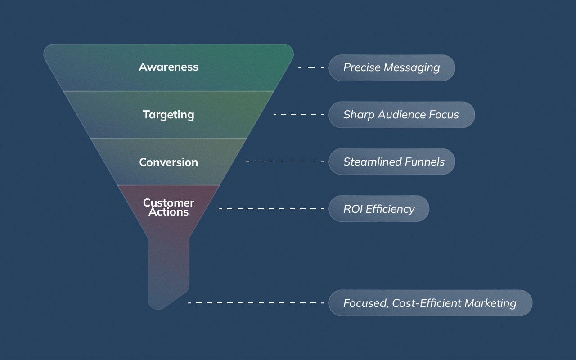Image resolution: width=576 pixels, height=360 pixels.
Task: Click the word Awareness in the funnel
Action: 168,67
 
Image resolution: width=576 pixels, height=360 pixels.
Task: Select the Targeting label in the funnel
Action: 168,115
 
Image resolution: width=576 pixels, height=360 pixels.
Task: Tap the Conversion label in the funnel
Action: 168,162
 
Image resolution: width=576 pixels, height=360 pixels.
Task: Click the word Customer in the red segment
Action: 168,202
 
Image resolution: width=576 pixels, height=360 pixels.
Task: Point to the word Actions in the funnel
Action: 168,212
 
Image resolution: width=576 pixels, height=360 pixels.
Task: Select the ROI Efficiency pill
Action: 379,209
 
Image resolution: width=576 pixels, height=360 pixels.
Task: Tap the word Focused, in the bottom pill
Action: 366,303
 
